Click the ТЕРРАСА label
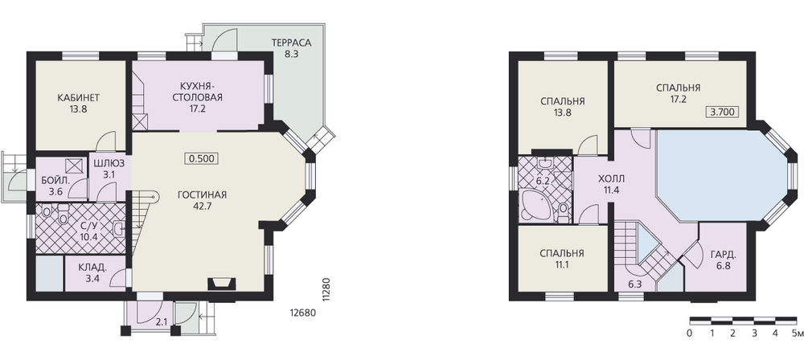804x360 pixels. tap(291, 43)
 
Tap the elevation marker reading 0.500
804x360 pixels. tap(202, 158)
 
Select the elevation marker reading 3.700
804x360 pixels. tap(722, 112)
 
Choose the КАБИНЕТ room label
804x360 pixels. tap(78, 97)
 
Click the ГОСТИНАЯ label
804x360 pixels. tap(202, 195)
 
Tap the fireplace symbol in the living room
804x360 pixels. tap(222, 283)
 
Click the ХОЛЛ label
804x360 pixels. tap(611, 179)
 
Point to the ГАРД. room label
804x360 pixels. tap(724, 255)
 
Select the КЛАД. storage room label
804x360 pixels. tap(92, 267)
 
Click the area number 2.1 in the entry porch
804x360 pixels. tap(162, 322)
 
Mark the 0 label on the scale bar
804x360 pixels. tap(690, 333)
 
